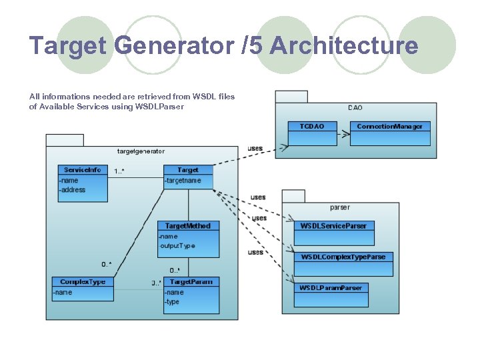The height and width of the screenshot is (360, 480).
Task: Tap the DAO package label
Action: coord(355,107)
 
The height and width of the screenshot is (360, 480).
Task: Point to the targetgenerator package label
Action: coord(141,151)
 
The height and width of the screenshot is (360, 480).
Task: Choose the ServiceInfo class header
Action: coord(83,170)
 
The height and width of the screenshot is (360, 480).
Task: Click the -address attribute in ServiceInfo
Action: coord(73,190)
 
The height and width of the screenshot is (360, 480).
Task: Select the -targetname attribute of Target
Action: coord(183,181)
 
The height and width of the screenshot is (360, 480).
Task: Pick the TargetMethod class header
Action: coord(187,226)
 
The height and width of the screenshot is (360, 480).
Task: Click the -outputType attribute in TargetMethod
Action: coord(177,245)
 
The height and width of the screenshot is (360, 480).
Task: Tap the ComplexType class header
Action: coord(83,281)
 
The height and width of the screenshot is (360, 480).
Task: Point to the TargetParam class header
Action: coord(191,281)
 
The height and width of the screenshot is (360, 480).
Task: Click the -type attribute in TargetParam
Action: coord(173,302)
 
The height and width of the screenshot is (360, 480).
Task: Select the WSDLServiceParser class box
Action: coord(333,226)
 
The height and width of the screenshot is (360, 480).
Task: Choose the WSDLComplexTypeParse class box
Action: coord(343,257)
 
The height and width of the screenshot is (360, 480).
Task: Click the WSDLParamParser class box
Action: coord(331,288)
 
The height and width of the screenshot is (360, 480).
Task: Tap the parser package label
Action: coord(339,207)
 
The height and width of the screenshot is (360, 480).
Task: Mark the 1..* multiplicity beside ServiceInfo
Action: coord(119,171)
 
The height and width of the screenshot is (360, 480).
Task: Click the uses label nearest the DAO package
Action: coord(255,148)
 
